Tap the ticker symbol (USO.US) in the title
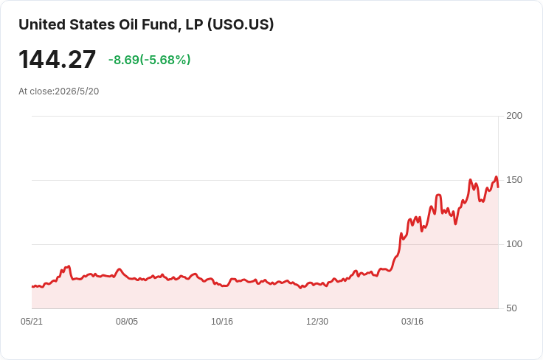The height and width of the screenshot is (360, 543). tap(241, 25)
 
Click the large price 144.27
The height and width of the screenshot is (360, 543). tap(57, 60)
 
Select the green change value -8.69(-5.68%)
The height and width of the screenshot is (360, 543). tap(150, 60)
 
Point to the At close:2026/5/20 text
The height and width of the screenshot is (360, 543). tap(59, 91)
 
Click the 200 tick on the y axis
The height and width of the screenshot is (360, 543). tap(514, 116)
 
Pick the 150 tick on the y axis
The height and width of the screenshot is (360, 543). tap(514, 180)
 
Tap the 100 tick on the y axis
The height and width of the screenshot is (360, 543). tap(514, 244)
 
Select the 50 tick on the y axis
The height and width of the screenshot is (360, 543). tap(511, 308)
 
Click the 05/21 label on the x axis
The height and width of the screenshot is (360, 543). tap(32, 322)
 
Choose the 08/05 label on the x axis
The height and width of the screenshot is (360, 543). tap(127, 322)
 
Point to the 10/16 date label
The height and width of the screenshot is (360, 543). tap(222, 322)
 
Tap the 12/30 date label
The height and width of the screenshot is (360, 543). tap(317, 322)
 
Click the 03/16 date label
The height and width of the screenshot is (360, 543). tap(412, 322)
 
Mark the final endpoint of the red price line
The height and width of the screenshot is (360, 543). tap(498, 187)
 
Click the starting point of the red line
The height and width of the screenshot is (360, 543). tap(32, 287)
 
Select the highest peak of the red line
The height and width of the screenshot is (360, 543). tap(496, 177)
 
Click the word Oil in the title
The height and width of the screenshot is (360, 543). tap(130, 25)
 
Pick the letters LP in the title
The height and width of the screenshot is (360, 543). tap(194, 25)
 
